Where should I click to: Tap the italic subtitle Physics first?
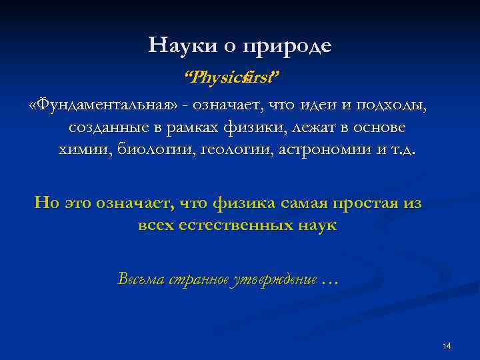(232, 78)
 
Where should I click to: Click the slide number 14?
(447, 345)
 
